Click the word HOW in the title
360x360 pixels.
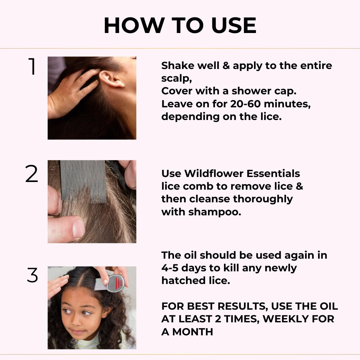(x=134, y=25)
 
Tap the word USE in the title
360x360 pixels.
(x=234, y=25)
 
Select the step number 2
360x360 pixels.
(x=31, y=174)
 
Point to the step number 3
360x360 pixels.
(x=32, y=275)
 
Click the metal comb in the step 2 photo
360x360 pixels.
(x=83, y=181)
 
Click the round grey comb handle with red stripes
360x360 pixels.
(x=116, y=283)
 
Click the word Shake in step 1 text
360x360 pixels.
(x=178, y=66)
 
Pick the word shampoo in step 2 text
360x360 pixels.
(x=215, y=212)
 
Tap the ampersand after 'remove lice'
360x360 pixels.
(x=299, y=186)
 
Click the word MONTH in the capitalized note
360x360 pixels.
(x=193, y=332)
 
